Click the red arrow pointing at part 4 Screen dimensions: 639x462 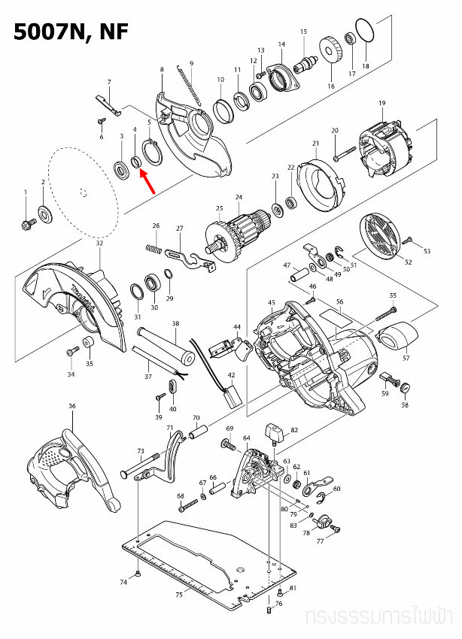(x=146, y=182)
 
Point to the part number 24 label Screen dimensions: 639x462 (x=239, y=198)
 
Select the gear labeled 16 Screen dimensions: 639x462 (x=331, y=55)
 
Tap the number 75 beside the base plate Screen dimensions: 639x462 (x=178, y=595)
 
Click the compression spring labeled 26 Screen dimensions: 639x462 (x=153, y=247)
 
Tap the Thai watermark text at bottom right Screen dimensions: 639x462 (x=381, y=617)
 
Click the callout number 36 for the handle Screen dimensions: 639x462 (x=72, y=406)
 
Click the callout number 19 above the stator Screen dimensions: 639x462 (x=382, y=103)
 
